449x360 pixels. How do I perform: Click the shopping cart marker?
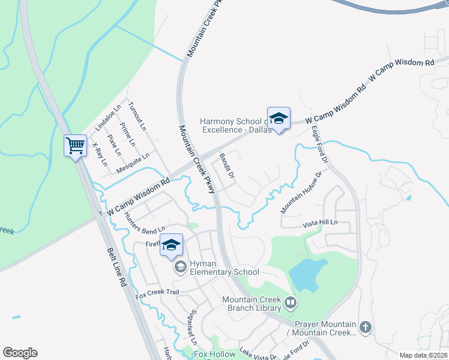[75, 146]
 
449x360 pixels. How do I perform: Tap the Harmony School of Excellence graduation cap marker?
[279, 119]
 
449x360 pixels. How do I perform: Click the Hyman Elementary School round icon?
[180, 268]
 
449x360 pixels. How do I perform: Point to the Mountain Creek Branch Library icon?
[291, 304]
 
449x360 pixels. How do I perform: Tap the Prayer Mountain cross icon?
[366, 328]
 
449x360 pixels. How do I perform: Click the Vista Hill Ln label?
[321, 223]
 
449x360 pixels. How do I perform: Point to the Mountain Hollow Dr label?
[301, 191]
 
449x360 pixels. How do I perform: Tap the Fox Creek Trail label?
[157, 293]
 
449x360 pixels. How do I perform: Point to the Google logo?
[20, 353]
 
